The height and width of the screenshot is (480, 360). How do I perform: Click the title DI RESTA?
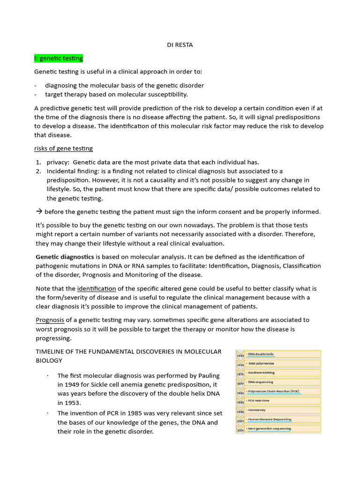point(180,45)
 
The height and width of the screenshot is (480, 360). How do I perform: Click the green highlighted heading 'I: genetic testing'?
point(59,59)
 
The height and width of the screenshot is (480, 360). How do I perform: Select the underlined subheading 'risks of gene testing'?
point(63,149)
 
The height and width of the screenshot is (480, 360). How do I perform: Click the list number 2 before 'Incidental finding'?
point(38,171)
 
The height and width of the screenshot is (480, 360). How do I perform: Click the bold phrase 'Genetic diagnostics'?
point(65,257)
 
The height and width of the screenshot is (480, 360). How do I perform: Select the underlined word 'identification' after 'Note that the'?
point(97,288)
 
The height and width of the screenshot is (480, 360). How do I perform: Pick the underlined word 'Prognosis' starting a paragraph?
point(50,320)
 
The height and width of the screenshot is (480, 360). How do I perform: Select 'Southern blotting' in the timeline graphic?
point(261,373)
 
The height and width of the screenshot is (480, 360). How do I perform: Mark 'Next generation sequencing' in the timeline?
point(269,428)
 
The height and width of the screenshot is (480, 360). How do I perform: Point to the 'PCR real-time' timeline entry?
point(259,401)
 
